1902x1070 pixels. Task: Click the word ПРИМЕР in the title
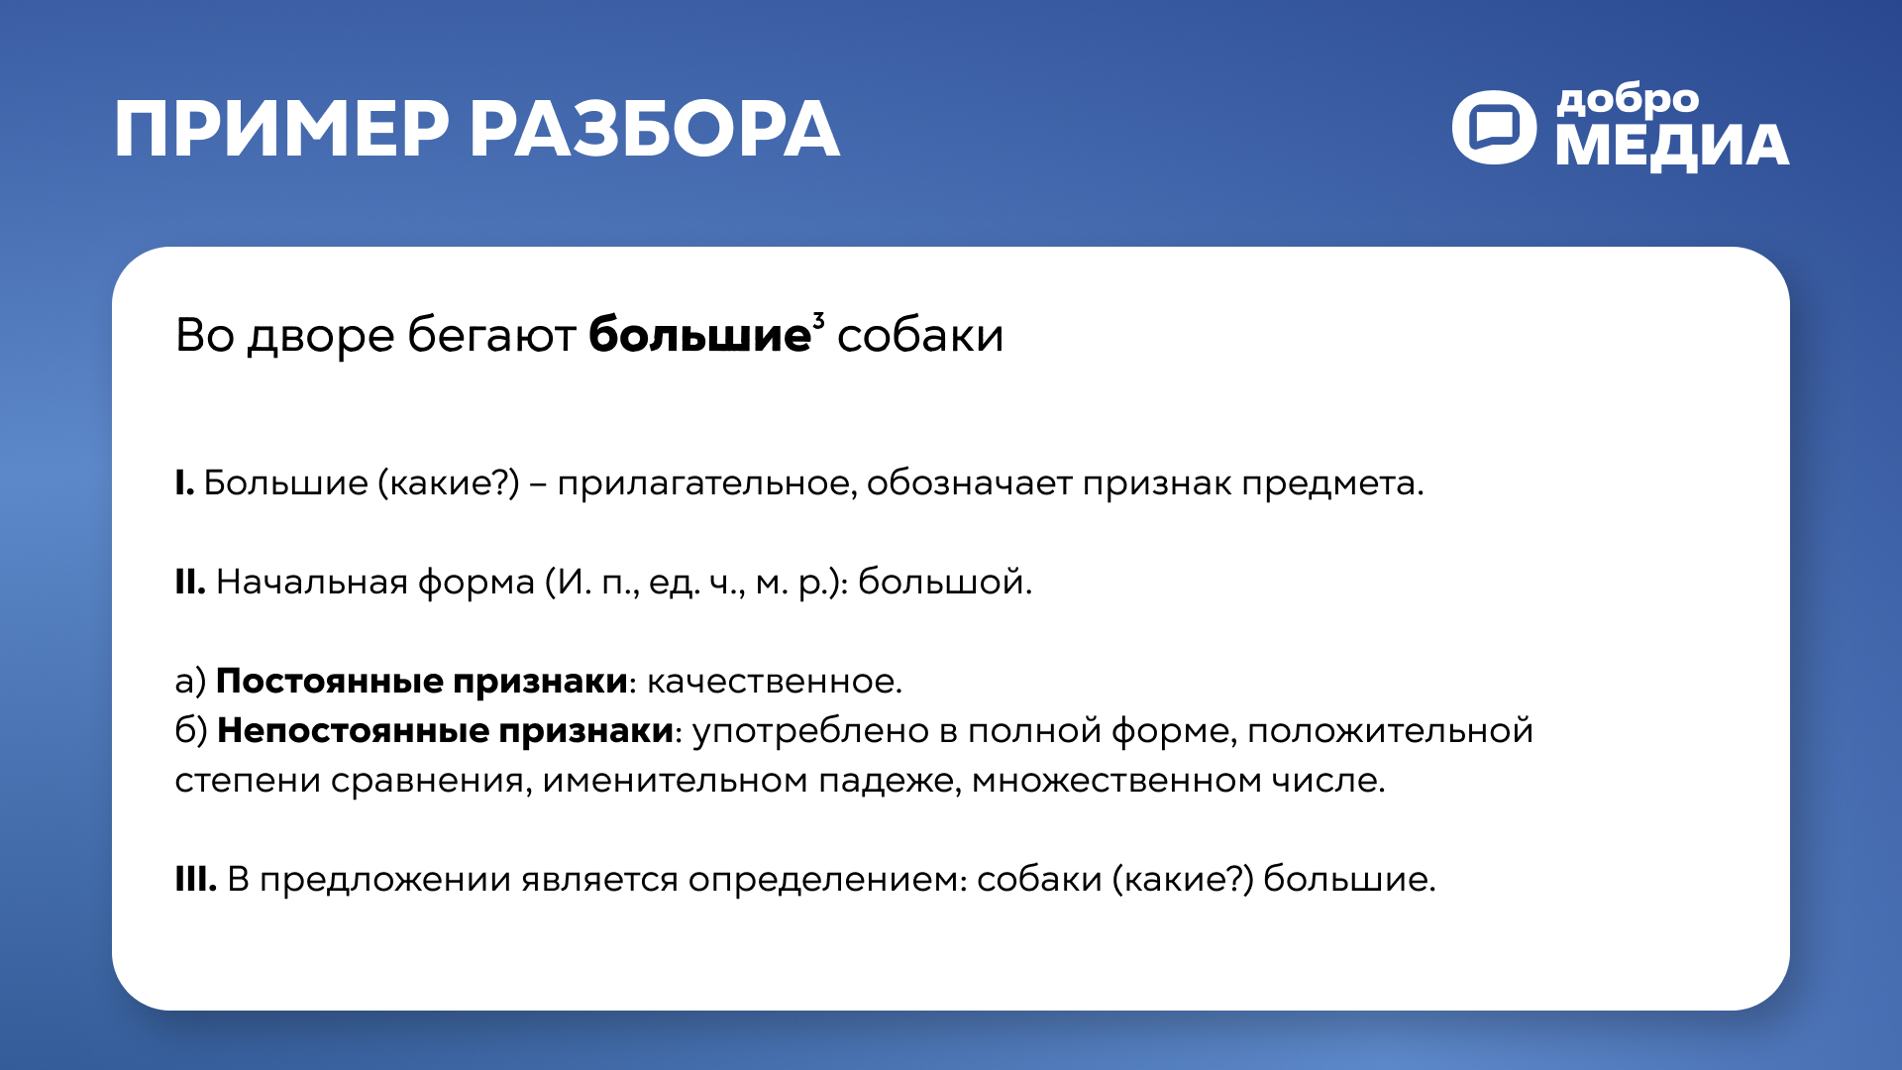coord(281,130)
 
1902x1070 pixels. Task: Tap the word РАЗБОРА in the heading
coord(654,130)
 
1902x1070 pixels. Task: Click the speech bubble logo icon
coord(1494,128)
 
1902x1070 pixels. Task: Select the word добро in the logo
coord(1628,101)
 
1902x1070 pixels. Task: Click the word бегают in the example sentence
coord(491,335)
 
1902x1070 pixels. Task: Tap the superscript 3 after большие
coord(818,319)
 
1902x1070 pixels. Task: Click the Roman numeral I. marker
coord(184,483)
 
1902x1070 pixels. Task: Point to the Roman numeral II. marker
coord(189,583)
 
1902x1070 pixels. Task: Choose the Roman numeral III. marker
coord(195,880)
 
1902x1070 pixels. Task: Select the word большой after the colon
coord(943,583)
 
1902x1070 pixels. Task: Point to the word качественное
coord(773,682)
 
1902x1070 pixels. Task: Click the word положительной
coord(1390,731)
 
